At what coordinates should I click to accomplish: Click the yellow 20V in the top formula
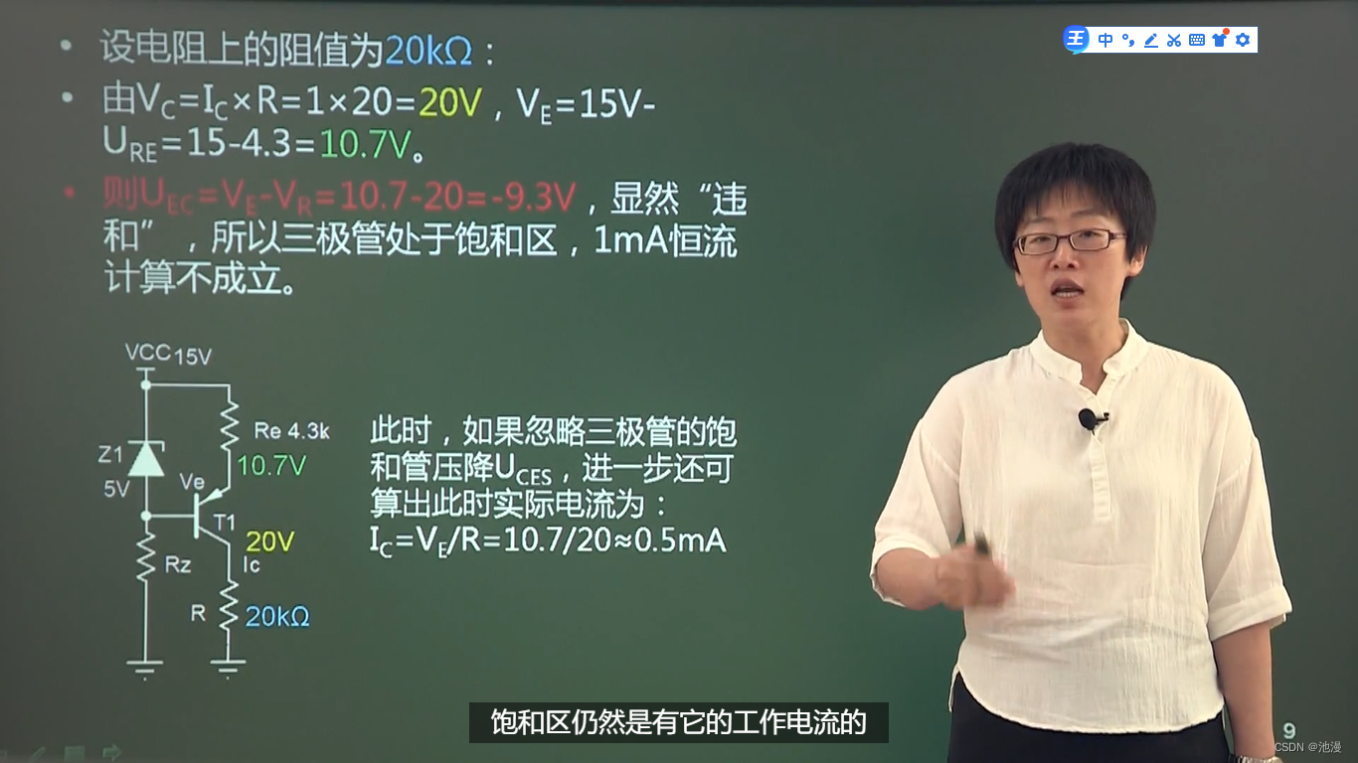click(x=449, y=101)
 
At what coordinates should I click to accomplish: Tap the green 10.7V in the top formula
click(x=364, y=145)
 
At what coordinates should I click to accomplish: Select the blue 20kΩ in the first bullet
click(x=428, y=49)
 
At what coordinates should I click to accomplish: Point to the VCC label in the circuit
click(x=147, y=353)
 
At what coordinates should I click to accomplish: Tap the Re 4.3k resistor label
click(x=291, y=431)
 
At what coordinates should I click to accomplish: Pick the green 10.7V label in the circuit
click(x=270, y=465)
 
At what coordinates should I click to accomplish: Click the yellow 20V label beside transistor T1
click(x=269, y=541)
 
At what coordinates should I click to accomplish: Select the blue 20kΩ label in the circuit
click(x=277, y=616)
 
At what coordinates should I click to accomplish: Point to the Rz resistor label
click(x=178, y=566)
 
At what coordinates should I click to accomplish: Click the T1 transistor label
click(x=226, y=521)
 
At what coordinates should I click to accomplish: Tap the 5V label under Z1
click(x=116, y=489)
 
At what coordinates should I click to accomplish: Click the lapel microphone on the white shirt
click(x=1090, y=419)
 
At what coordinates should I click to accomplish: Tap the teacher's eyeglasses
click(x=1070, y=240)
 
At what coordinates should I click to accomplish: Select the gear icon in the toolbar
click(x=1242, y=40)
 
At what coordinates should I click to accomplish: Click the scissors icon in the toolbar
click(x=1173, y=40)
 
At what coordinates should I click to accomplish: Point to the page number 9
click(x=1289, y=730)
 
